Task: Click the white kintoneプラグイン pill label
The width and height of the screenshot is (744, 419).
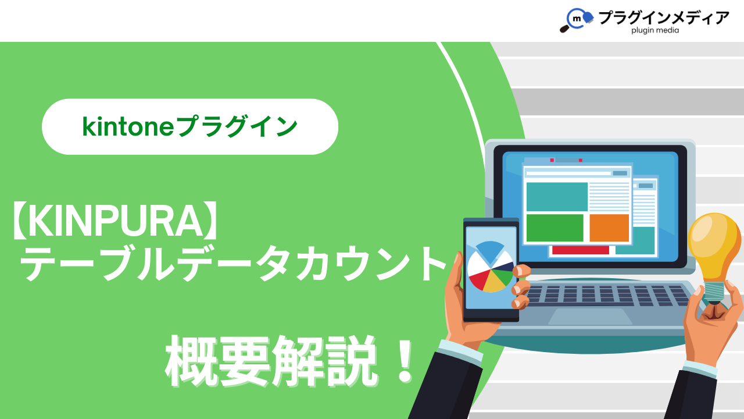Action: (190, 127)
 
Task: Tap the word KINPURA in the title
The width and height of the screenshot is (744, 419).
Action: (115, 221)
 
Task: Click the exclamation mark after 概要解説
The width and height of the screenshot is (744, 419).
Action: (405, 361)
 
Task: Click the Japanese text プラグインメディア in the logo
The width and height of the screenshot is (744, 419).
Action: (664, 17)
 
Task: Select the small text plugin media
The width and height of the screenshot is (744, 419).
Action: (655, 31)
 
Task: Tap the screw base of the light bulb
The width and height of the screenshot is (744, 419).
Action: (714, 293)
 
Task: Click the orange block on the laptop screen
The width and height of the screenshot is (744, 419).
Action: (609, 228)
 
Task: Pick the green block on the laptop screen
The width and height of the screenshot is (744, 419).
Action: (555, 228)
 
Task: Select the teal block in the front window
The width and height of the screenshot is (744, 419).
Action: (557, 197)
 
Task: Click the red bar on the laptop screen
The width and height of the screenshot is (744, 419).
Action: (581, 250)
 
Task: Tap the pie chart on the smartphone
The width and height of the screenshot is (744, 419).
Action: (491, 267)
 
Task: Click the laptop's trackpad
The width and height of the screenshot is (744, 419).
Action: (590, 316)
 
